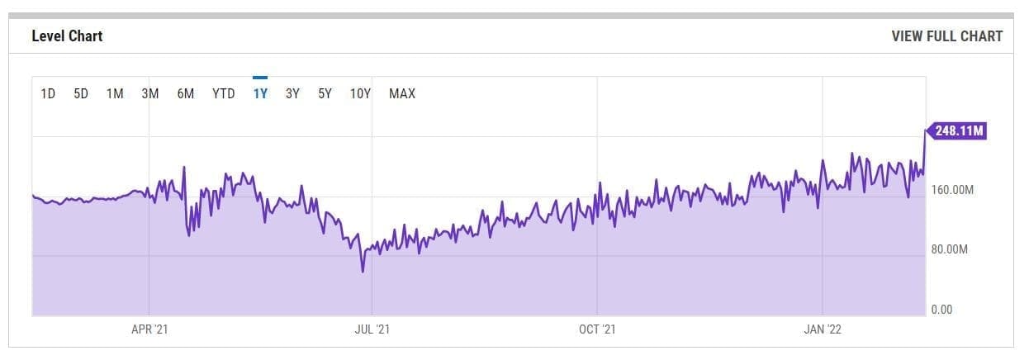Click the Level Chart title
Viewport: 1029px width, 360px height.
pyautogui.click(x=67, y=36)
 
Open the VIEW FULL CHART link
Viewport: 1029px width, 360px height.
pyautogui.click(x=946, y=36)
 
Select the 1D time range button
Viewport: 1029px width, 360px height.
pyautogui.click(x=48, y=93)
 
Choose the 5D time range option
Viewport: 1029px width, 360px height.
pyautogui.click(x=81, y=93)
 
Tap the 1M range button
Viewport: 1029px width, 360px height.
pyautogui.click(x=115, y=93)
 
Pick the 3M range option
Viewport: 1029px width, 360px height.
pyautogui.click(x=150, y=93)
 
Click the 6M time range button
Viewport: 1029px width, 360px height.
pyautogui.click(x=186, y=93)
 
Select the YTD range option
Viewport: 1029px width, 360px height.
pyautogui.click(x=223, y=93)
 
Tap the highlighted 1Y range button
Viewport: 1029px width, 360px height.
pyautogui.click(x=260, y=93)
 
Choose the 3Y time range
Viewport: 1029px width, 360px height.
pyautogui.click(x=292, y=93)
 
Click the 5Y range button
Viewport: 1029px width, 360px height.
pyautogui.click(x=325, y=93)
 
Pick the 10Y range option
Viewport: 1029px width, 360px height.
pyautogui.click(x=360, y=93)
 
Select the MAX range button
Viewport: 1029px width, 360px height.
pyautogui.click(x=402, y=93)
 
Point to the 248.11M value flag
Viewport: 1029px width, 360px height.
pyautogui.click(x=956, y=130)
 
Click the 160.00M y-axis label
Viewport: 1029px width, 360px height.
pyautogui.click(x=952, y=190)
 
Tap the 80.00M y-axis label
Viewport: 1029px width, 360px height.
pyautogui.click(x=950, y=249)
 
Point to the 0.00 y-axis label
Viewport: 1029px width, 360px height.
pyautogui.click(x=941, y=310)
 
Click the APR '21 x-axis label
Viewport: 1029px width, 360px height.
pyautogui.click(x=149, y=329)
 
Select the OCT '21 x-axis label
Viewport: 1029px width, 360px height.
pyautogui.click(x=597, y=329)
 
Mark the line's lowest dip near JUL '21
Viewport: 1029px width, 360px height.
pyautogui.click(x=363, y=272)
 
